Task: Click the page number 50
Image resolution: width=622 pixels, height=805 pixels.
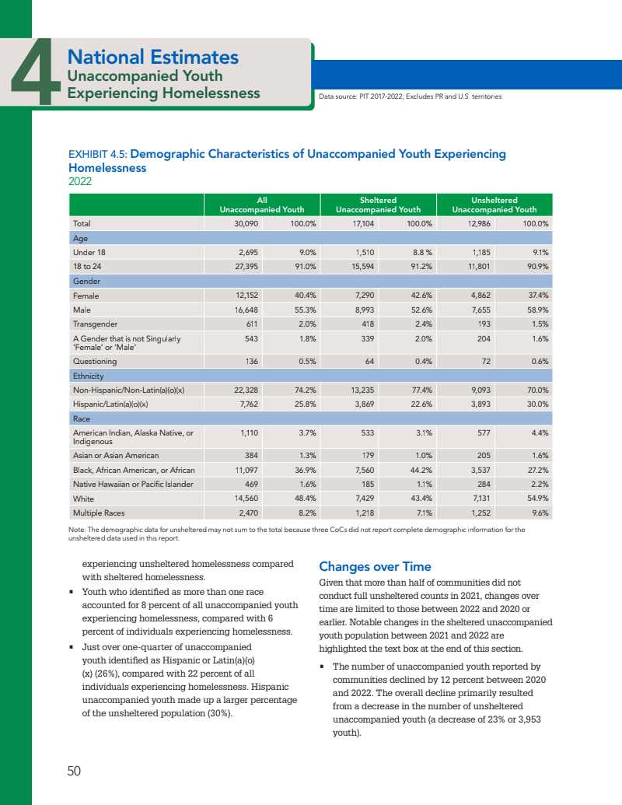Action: (x=74, y=771)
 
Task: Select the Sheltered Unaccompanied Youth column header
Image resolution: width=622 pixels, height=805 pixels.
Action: (x=378, y=205)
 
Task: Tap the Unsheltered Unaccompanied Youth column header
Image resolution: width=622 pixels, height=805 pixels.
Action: (x=494, y=205)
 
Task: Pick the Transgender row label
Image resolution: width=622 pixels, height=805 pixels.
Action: (x=95, y=324)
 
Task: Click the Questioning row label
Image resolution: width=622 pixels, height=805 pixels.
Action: (x=95, y=361)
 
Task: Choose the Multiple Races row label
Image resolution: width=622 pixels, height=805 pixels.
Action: (x=100, y=513)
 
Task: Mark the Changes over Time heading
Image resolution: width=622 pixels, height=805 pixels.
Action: (x=375, y=566)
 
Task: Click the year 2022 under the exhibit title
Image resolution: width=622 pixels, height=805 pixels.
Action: (x=81, y=181)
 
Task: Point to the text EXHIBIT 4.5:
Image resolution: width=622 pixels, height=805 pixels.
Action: (x=96, y=154)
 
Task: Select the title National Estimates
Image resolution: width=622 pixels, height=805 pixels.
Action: (x=152, y=57)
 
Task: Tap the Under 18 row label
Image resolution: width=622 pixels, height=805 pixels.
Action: (x=89, y=252)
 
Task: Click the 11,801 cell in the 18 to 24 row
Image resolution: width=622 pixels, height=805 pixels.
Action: (x=476, y=266)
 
